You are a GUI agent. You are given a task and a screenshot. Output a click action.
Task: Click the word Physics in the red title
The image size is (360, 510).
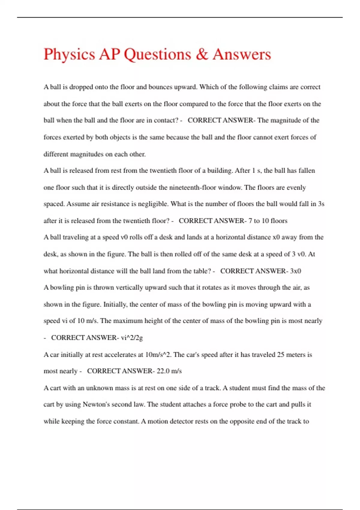pos(69,55)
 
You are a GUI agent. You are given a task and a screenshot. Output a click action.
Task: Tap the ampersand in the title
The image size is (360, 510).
pos(202,54)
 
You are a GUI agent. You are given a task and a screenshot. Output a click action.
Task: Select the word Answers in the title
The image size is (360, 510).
pos(242,54)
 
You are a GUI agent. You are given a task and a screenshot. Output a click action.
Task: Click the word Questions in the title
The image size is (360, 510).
pos(157,55)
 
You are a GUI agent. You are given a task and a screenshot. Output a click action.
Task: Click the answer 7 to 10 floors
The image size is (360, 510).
pos(268,221)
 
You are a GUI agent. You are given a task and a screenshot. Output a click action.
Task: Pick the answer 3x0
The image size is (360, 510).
pos(295,271)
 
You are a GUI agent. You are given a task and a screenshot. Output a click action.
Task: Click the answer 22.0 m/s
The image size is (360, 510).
pos(169,371)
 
